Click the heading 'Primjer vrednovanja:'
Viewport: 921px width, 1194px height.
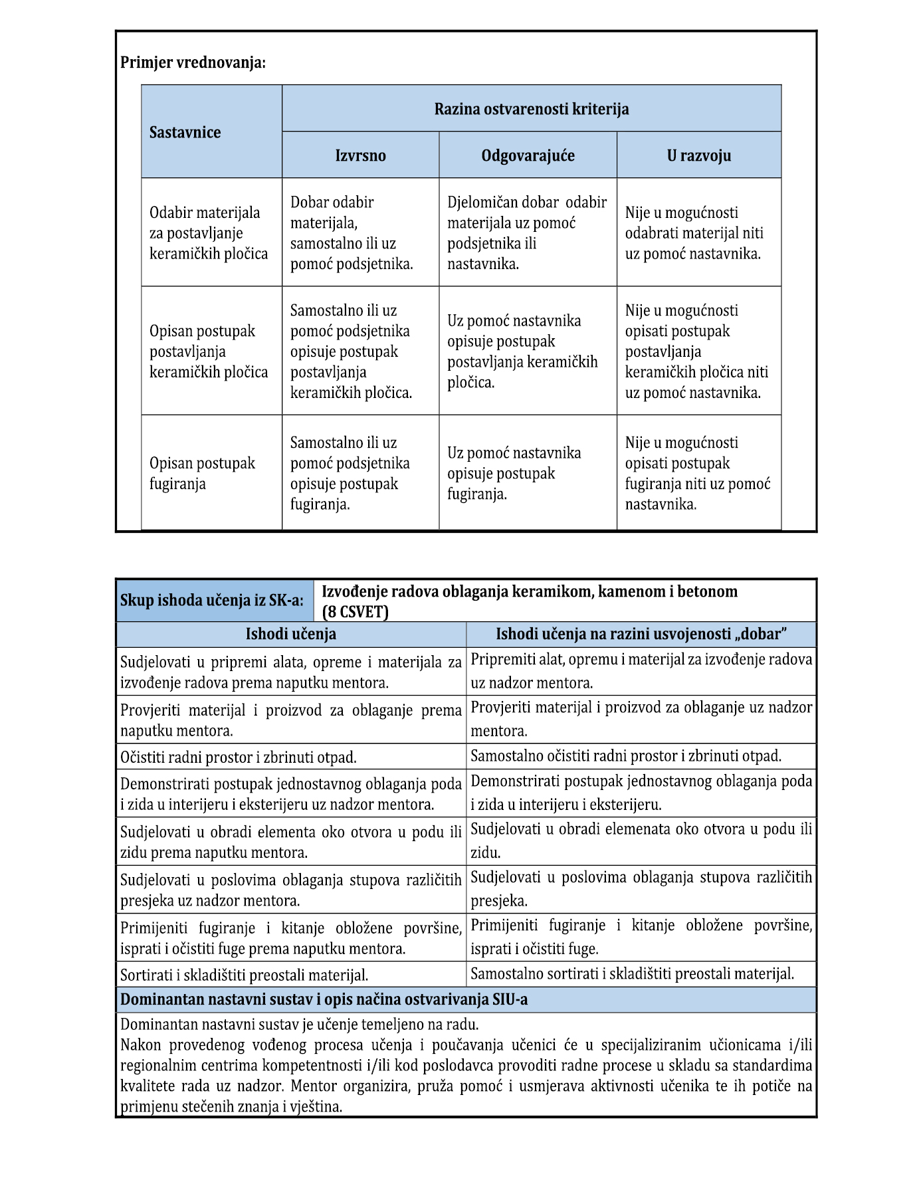pos(193,63)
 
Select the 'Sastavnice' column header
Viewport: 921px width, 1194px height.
pos(185,132)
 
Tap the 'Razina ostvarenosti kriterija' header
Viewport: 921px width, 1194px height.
pos(531,109)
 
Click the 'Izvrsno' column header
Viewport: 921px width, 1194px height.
pos(360,155)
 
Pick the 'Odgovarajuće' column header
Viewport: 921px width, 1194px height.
pos(528,155)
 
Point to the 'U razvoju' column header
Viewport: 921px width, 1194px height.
pos(698,155)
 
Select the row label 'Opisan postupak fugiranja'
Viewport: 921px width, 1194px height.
pos(202,473)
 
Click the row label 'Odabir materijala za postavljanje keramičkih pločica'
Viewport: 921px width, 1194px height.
pos(208,233)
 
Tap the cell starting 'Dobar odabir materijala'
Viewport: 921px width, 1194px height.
pos(352,233)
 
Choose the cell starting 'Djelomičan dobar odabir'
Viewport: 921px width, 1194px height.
pos(526,233)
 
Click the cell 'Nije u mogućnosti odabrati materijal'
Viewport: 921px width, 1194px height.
pos(694,233)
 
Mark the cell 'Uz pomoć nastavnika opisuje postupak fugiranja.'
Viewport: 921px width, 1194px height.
pos(514,473)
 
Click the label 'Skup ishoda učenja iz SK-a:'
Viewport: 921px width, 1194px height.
pos(212,601)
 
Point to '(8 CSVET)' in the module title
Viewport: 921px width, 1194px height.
pos(356,612)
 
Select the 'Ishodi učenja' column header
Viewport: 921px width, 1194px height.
pos(290,634)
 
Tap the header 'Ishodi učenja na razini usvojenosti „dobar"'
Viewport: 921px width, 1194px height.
pos(641,634)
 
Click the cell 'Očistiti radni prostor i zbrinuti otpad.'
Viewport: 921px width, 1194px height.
pos(239,757)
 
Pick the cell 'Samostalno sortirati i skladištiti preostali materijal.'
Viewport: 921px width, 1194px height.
pos(632,974)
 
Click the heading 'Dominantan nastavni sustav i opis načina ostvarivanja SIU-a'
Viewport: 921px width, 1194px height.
pos(324,999)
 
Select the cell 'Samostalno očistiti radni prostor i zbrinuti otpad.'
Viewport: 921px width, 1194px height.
pos(626,756)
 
